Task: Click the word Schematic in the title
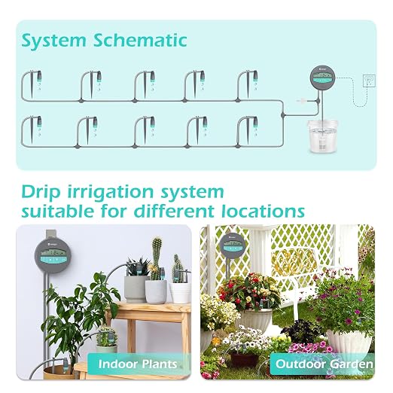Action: pyautogui.click(x=140, y=40)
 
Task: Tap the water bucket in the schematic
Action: pyautogui.click(x=322, y=136)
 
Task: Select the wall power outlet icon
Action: pyautogui.click(x=369, y=81)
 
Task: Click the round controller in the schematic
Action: pyautogui.click(x=322, y=78)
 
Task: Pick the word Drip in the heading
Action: pyautogui.click(x=41, y=193)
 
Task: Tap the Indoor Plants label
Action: pyautogui.click(x=138, y=364)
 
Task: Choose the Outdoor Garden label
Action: pyautogui.click(x=324, y=364)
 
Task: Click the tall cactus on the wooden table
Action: pyautogui.click(x=157, y=258)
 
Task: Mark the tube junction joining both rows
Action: pyautogui.click(x=283, y=115)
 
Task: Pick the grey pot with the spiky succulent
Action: pyautogui.click(x=135, y=288)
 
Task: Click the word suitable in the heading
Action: pyautogui.click(x=57, y=211)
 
